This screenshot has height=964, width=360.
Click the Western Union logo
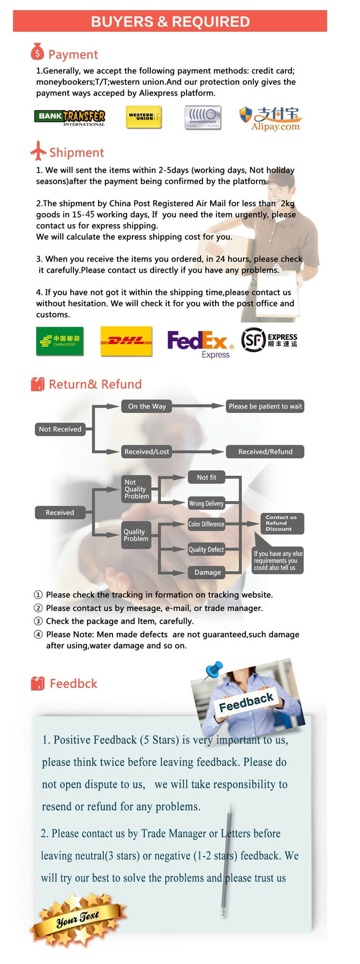[x=144, y=117]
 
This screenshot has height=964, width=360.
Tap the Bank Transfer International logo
[x=70, y=117]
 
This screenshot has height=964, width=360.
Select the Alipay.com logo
[x=271, y=118]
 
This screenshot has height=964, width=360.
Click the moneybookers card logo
[x=203, y=117]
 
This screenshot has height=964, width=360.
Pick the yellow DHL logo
[x=126, y=341]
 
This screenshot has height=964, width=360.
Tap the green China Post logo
[x=60, y=341]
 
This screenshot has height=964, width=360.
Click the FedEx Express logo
[x=200, y=344]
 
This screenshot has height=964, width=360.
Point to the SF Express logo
[x=269, y=340]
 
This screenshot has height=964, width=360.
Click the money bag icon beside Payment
[x=37, y=51]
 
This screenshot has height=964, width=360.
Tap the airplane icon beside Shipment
[x=38, y=151]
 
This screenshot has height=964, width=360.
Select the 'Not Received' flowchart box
[x=60, y=429]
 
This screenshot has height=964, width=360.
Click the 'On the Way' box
[x=147, y=406]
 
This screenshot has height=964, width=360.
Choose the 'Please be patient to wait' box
[x=265, y=406]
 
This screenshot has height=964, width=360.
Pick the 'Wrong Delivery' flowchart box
[x=206, y=503]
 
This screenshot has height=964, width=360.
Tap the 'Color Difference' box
[x=206, y=524]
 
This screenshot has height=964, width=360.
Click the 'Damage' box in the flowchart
[x=207, y=572]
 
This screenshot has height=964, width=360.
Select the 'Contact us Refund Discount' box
[x=281, y=523]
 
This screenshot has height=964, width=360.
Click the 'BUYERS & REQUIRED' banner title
[x=170, y=22]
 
